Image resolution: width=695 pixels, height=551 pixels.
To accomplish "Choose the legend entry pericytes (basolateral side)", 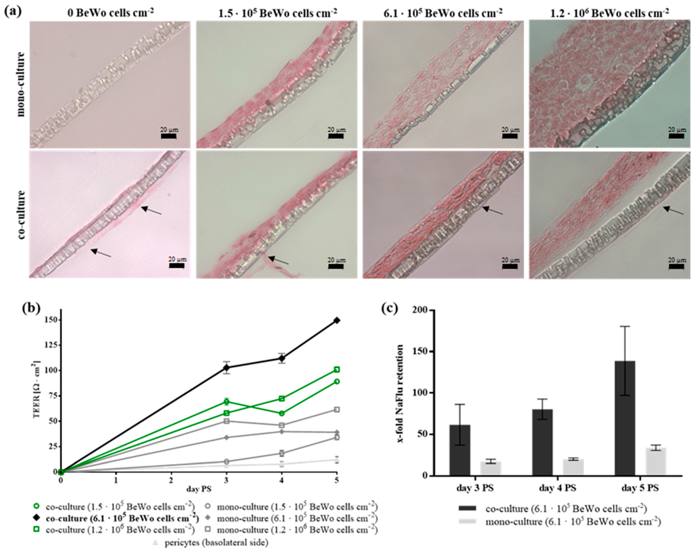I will coord(216,543).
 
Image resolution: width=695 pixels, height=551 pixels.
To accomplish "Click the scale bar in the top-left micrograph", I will coord(168,137).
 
